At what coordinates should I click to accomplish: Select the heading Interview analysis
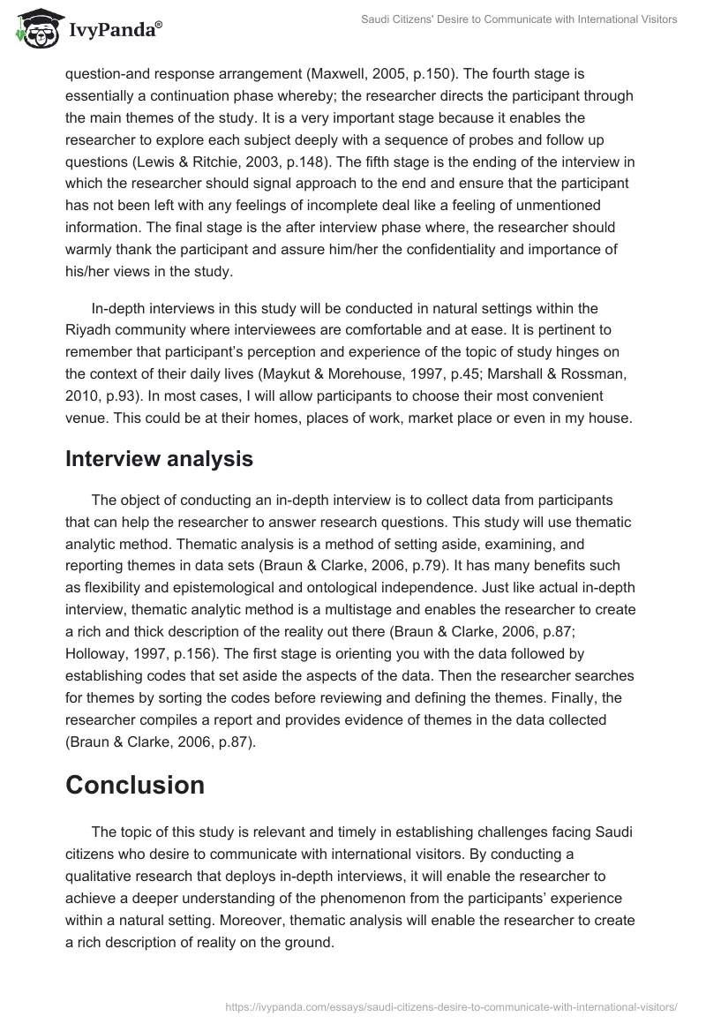[159, 459]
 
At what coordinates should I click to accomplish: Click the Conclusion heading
[135, 785]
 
